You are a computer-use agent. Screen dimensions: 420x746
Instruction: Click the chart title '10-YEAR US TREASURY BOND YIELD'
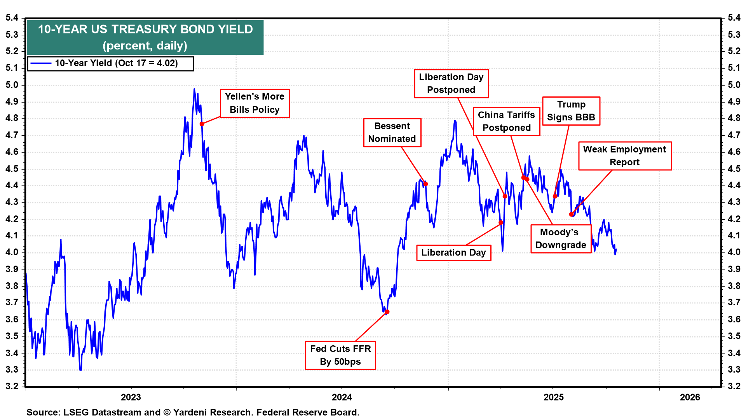(145, 30)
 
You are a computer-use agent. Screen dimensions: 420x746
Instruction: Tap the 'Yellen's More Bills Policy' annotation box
(254, 103)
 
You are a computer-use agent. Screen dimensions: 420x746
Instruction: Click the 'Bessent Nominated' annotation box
(392, 133)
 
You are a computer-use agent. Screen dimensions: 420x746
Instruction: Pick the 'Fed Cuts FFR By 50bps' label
(340, 355)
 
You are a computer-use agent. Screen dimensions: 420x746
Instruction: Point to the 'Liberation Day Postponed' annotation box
(451, 84)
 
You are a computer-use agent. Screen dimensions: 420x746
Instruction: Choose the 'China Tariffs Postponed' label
(506, 121)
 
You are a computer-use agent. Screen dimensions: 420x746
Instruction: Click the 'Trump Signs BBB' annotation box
(571, 111)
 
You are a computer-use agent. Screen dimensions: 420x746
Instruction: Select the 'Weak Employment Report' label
(624, 156)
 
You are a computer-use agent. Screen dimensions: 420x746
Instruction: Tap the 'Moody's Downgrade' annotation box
(561, 238)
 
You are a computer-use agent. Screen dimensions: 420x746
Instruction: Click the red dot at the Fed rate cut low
(387, 312)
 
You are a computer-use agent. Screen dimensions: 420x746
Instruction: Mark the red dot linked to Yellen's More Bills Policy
(202, 124)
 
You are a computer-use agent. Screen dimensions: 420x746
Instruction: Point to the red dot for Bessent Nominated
(426, 184)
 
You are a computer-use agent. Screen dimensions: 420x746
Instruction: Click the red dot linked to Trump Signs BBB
(555, 196)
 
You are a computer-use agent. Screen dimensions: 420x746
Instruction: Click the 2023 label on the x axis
(131, 397)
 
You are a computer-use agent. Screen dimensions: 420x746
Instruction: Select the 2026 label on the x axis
(690, 397)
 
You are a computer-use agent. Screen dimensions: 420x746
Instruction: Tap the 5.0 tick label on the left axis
(12, 85)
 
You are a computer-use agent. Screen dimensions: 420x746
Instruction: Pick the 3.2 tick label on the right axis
(734, 386)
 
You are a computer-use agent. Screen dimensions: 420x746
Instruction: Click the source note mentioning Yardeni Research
(193, 412)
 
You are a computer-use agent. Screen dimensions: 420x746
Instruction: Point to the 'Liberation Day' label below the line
(453, 253)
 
